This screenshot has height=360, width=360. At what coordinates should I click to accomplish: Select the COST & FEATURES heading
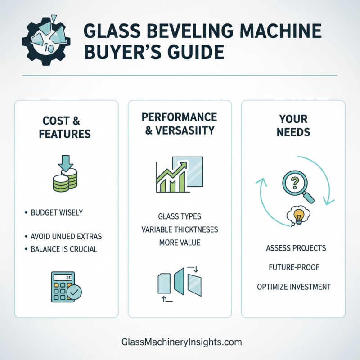tap(67, 127)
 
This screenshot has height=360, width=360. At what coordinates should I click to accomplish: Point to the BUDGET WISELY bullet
tap(57, 213)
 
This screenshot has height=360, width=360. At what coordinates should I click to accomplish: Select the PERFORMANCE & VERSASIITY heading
tap(180, 124)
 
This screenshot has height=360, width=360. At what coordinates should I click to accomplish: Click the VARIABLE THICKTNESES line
tap(180, 229)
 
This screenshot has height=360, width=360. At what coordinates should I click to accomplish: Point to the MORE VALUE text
tap(180, 243)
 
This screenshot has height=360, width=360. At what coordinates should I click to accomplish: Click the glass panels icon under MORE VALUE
tap(180, 284)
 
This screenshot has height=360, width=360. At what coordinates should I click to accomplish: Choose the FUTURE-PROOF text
tap(293, 267)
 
